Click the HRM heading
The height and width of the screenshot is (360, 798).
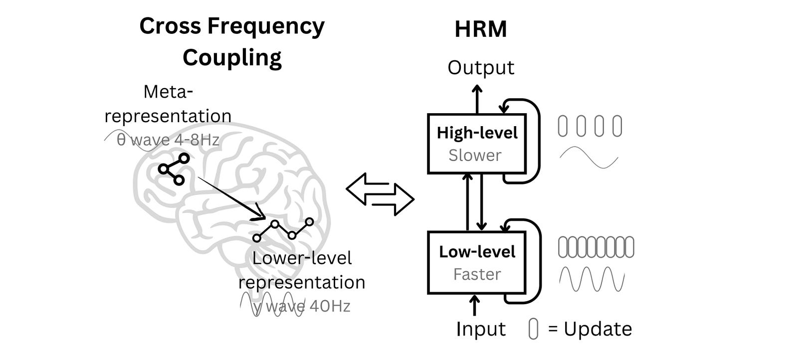480,29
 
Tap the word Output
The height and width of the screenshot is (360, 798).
480,68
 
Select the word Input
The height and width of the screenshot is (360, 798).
480,329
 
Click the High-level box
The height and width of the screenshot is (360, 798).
477,144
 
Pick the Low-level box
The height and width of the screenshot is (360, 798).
477,262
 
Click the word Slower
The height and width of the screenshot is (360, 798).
474,156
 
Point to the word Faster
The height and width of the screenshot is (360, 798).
477,274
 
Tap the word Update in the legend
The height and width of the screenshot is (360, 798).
598,329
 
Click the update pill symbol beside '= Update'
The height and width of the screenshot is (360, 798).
533,329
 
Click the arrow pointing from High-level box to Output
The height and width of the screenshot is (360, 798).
477,99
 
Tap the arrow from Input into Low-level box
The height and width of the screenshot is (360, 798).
474,305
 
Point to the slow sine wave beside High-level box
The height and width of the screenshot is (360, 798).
589,158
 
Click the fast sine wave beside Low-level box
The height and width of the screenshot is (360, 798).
592,279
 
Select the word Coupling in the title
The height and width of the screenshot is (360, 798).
232,58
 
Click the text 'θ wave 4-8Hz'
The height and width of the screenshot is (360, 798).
168,140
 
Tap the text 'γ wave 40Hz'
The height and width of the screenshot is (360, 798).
301,306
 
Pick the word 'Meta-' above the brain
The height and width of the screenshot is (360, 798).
168,92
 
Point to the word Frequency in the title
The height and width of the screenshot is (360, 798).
266,26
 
